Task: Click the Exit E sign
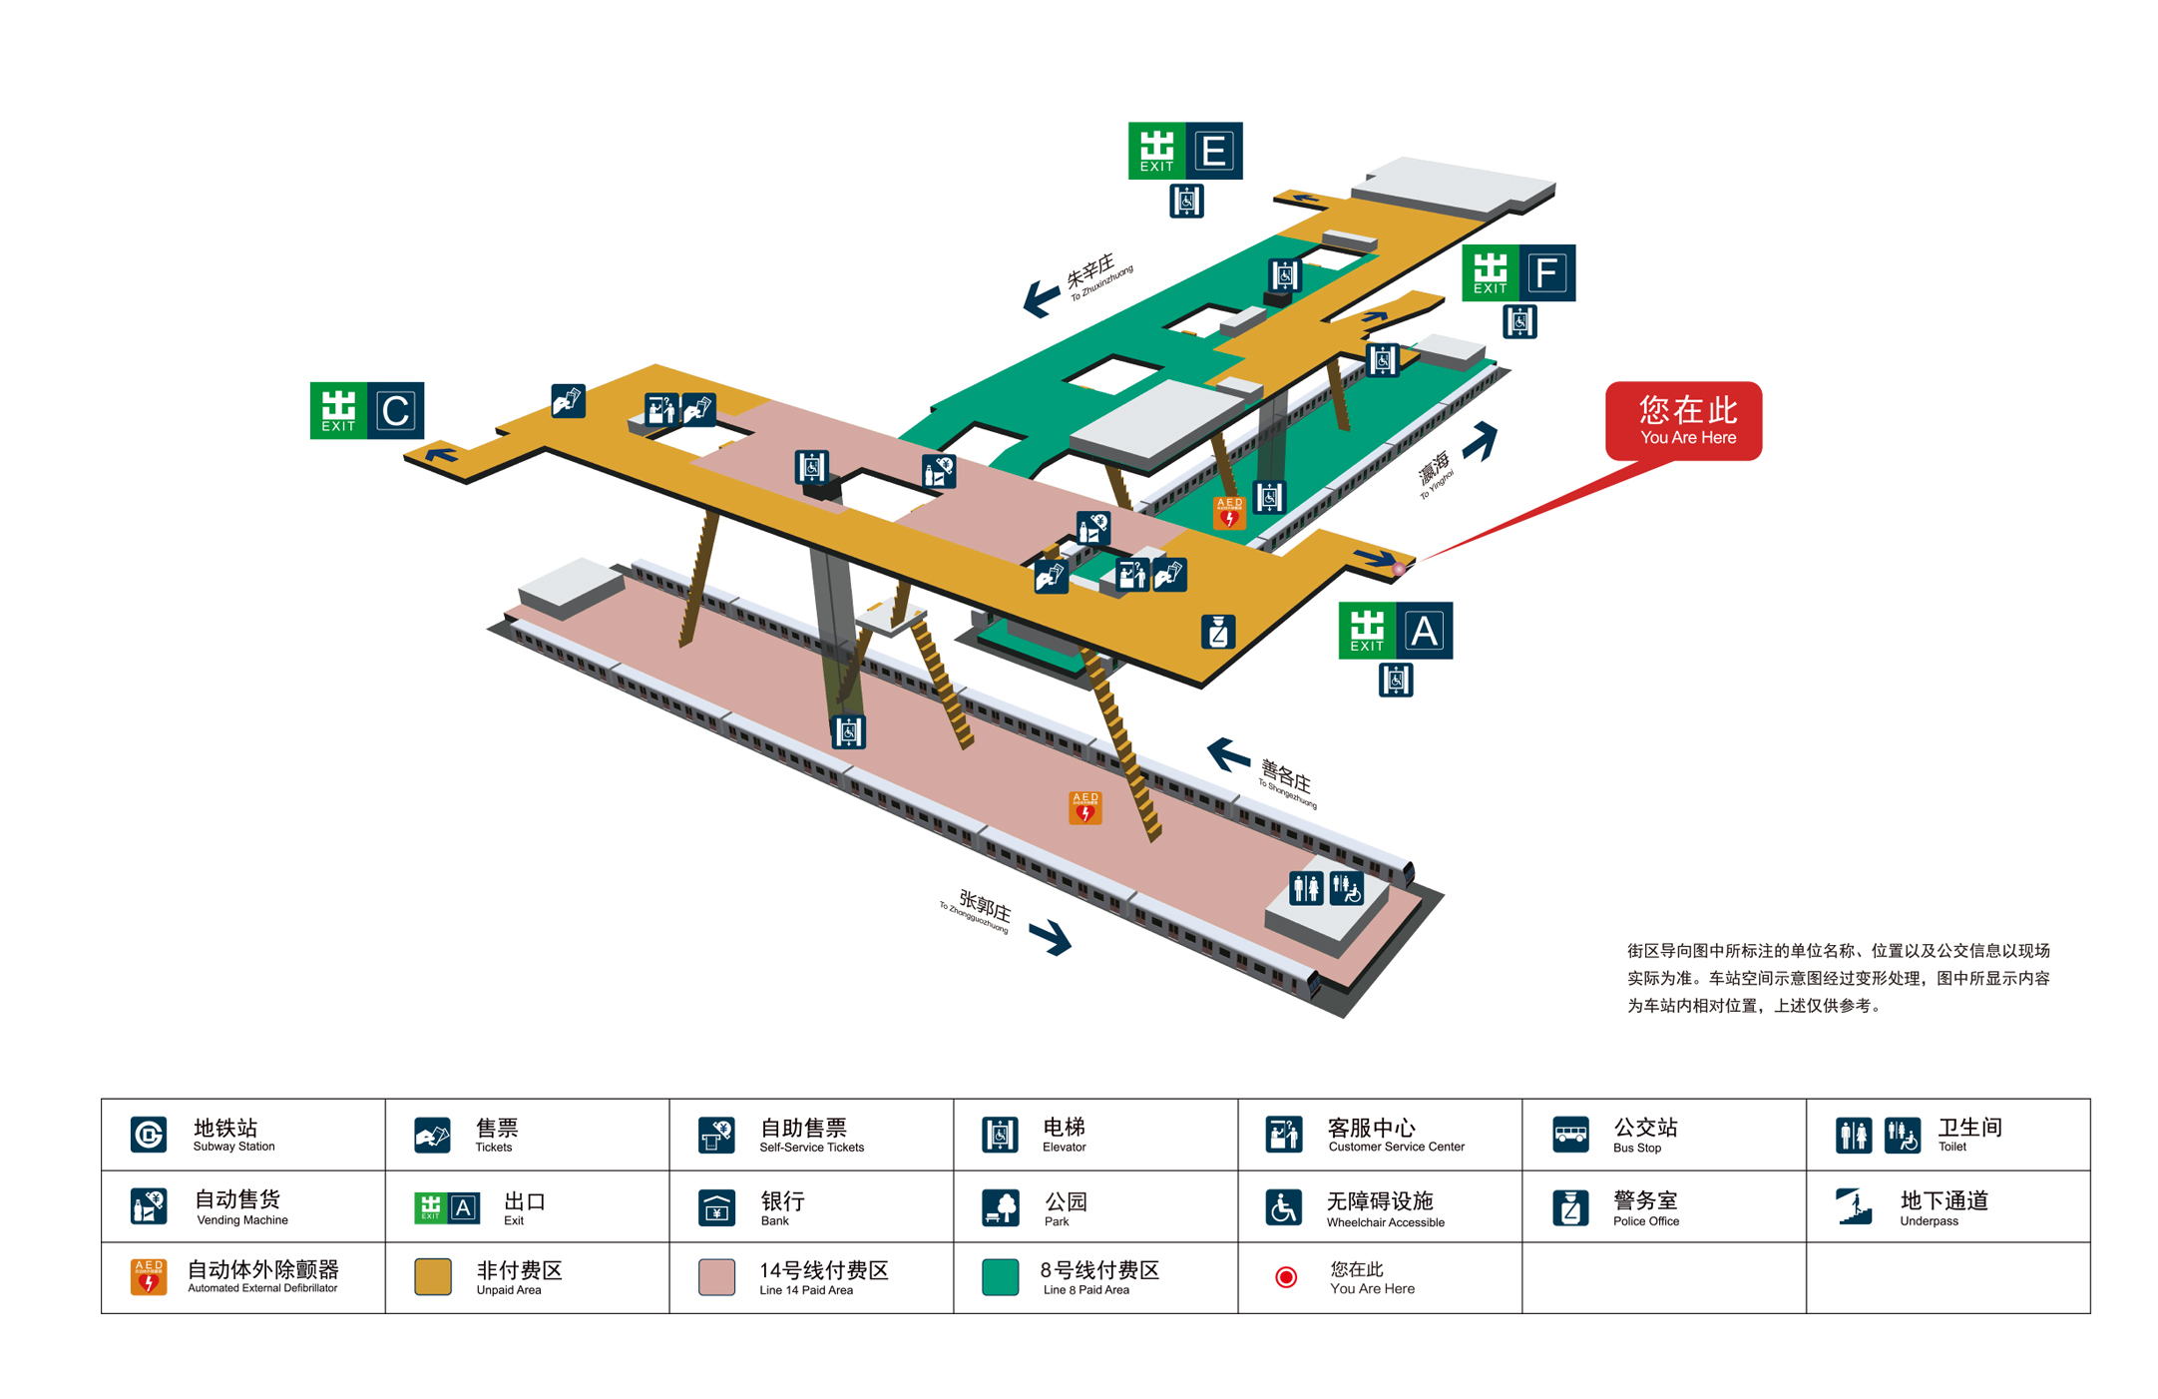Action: click(x=1184, y=151)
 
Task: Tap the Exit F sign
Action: click(x=1517, y=272)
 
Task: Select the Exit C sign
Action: click(x=366, y=410)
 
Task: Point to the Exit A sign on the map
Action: click(x=1395, y=631)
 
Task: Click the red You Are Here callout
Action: click(x=1683, y=421)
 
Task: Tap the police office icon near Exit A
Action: click(x=1217, y=632)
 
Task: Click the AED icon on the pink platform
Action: click(x=1084, y=807)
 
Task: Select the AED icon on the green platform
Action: click(x=1228, y=512)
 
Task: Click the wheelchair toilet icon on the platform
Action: click(x=1346, y=887)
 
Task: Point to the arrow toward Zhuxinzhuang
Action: click(x=1042, y=297)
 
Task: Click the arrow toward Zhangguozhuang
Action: click(x=1050, y=937)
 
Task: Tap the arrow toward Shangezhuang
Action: click(x=1228, y=754)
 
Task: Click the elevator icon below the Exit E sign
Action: click(x=1185, y=202)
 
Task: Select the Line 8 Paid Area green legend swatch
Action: click(x=1000, y=1277)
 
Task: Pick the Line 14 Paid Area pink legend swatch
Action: click(x=716, y=1277)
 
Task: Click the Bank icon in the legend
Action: click(x=716, y=1207)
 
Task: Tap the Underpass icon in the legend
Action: click(x=1854, y=1206)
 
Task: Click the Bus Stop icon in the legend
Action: click(x=1569, y=1135)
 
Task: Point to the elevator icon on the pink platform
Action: click(x=848, y=732)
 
